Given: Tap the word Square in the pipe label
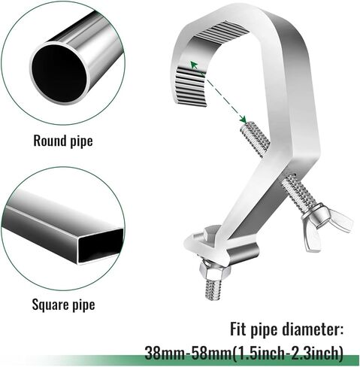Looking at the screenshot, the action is pyautogui.click(x=50, y=305).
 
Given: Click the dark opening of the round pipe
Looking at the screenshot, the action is pyautogui.click(x=59, y=73).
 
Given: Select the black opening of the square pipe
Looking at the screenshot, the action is pyautogui.click(x=101, y=244).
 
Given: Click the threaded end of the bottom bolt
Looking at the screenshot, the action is pyautogui.click(x=213, y=290).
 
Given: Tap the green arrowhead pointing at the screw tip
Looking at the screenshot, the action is pyautogui.click(x=244, y=119).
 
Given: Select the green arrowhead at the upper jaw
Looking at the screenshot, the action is pyautogui.click(x=194, y=65).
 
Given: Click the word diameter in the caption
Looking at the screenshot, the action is pyautogui.click(x=313, y=329).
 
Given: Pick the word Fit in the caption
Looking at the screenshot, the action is pyautogui.click(x=238, y=329).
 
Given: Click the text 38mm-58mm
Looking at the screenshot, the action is pyautogui.click(x=188, y=353).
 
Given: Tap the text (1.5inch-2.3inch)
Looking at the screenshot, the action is pyautogui.click(x=287, y=353).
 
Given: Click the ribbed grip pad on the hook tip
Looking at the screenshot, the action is pyautogui.click(x=191, y=86).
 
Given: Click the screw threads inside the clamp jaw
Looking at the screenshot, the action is pyautogui.click(x=256, y=138).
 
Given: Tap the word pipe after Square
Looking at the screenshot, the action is pyautogui.click(x=83, y=305).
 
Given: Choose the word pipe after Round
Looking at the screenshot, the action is pyautogui.click(x=81, y=141).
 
